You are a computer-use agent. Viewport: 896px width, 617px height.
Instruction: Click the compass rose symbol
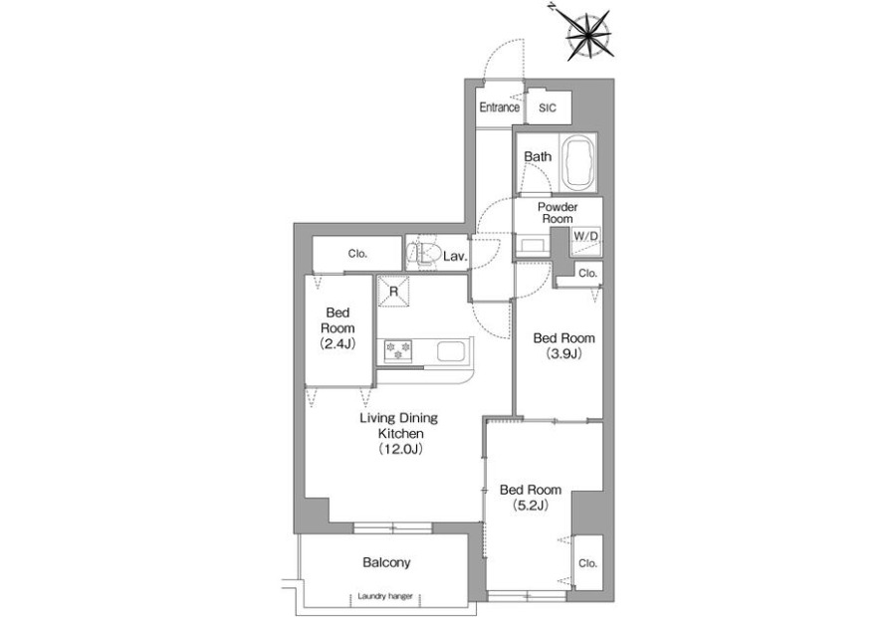pyautogui.click(x=589, y=36)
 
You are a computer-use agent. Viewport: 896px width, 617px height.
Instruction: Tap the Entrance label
pyautogui.click(x=499, y=107)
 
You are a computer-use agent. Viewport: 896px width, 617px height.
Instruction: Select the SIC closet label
pyautogui.click(x=547, y=107)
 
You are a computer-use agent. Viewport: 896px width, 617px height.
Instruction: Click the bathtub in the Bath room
pyautogui.click(x=578, y=163)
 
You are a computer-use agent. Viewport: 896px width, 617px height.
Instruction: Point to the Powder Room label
pyautogui.click(x=558, y=213)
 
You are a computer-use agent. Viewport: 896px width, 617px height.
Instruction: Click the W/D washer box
pyautogui.click(x=585, y=242)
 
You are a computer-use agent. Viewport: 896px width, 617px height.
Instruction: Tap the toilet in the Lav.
pyautogui.click(x=423, y=254)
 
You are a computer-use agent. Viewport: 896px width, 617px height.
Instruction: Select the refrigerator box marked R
pyautogui.click(x=393, y=292)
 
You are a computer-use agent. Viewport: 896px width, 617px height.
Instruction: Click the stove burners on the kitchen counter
pyautogui.click(x=397, y=350)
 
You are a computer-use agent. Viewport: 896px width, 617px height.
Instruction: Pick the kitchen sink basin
pyautogui.click(x=451, y=350)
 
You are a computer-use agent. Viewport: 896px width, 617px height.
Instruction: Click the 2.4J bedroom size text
pyautogui.click(x=337, y=344)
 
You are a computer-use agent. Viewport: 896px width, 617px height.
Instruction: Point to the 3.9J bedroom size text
pyautogui.click(x=563, y=353)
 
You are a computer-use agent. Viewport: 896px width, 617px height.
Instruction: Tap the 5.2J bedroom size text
pyautogui.click(x=531, y=505)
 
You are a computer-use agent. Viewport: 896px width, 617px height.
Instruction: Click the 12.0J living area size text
pyautogui.click(x=399, y=449)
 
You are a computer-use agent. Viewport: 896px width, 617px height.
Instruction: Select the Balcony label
pyautogui.click(x=386, y=562)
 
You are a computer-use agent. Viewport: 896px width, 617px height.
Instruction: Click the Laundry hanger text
pyautogui.click(x=385, y=596)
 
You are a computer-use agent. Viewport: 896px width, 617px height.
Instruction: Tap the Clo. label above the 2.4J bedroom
pyautogui.click(x=357, y=254)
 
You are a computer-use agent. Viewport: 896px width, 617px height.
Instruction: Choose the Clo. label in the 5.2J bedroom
pyautogui.click(x=587, y=563)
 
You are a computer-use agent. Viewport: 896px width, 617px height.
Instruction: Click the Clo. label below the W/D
pyautogui.click(x=587, y=274)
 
